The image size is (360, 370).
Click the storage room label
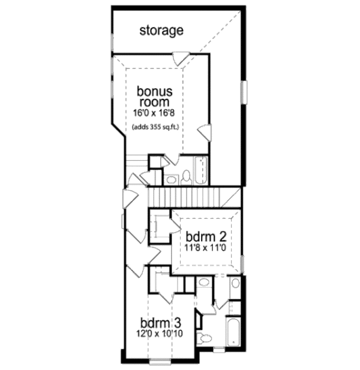(161, 30)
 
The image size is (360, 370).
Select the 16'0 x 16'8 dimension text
(155, 113)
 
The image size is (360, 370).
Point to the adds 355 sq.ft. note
(156, 127)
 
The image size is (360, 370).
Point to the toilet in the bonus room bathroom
(186, 176)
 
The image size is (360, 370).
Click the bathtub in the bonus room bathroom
(201, 171)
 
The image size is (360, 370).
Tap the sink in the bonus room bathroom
(171, 179)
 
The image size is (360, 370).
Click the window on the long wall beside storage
(244, 93)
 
